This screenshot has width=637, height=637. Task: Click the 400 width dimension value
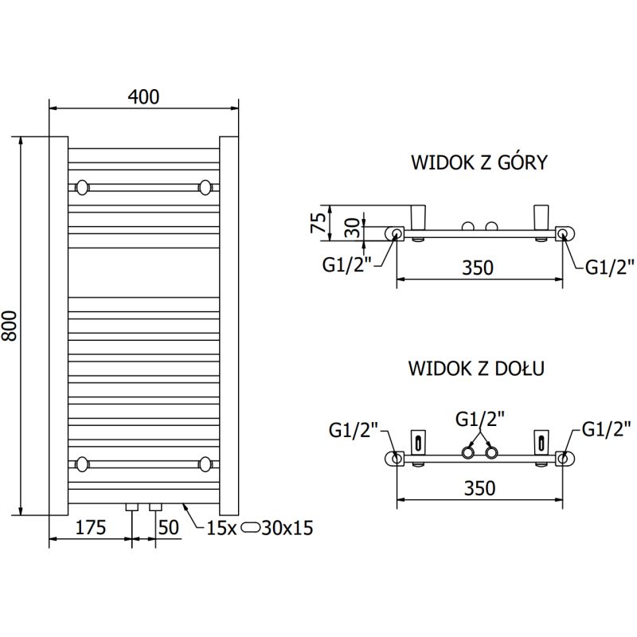coord(143,97)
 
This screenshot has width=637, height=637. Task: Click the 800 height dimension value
coord(10,326)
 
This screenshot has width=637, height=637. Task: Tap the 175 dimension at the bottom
coord(90,527)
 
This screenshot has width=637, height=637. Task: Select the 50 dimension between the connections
coord(168,527)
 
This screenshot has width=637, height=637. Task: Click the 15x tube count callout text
coord(220,527)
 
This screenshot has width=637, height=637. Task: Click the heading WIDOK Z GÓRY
coord(479,163)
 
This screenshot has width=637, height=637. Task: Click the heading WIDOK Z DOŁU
coord(476,369)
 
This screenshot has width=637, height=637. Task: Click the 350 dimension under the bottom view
coord(479,487)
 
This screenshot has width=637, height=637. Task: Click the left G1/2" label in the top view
coord(347,266)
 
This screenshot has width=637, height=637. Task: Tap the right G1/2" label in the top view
coord(610,266)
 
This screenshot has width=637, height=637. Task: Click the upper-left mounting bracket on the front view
coord(82,188)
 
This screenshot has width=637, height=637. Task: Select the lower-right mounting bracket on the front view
coord(207,463)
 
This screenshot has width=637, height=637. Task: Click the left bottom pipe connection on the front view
coord(133,507)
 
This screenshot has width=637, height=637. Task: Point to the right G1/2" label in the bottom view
coord(607,429)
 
